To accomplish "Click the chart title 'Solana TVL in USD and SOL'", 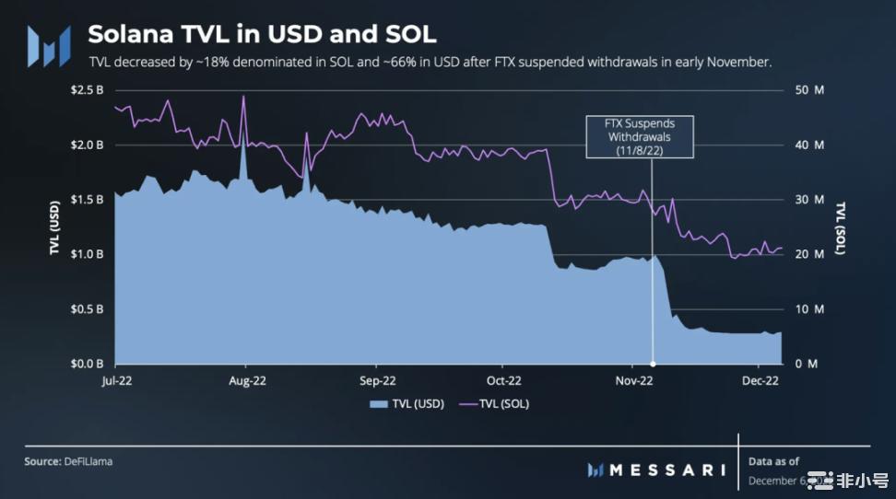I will [262, 35].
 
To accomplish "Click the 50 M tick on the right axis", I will [808, 90].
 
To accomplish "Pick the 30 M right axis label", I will [808, 200].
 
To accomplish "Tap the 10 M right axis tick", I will [808, 309].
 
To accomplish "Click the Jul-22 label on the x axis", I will [114, 379].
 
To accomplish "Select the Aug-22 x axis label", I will [244, 379].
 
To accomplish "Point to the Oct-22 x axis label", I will [504, 379].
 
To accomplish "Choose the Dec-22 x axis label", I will [761, 379].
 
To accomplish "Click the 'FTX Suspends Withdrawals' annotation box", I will [639, 137].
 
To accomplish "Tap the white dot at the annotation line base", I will [654, 363].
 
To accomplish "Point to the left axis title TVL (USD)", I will [55, 226].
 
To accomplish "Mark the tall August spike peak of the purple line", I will [243, 97].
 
